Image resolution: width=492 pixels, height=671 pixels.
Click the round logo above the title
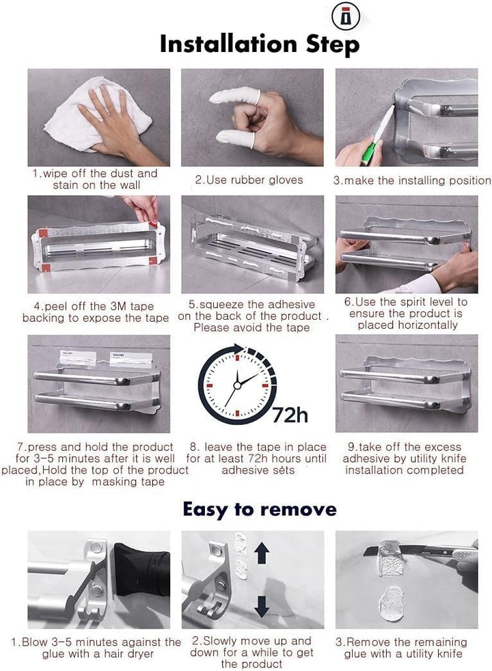tap(346, 16)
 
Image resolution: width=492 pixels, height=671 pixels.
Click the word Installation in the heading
tap(228, 44)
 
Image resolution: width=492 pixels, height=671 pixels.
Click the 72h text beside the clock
tap(290, 415)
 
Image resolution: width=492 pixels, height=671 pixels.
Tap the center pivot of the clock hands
tap(237, 385)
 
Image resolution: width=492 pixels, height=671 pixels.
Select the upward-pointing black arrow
tap(262, 553)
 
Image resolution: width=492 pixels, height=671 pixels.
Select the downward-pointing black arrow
tap(262, 606)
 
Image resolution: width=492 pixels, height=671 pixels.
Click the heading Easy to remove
tap(260, 509)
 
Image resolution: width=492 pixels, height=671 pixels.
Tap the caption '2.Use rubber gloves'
tap(249, 180)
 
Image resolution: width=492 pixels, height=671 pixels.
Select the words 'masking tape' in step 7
tap(128, 482)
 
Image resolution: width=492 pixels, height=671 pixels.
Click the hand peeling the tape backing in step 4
tap(141, 208)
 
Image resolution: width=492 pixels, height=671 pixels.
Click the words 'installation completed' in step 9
tap(405, 470)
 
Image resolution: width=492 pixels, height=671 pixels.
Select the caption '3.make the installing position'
tap(412, 180)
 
